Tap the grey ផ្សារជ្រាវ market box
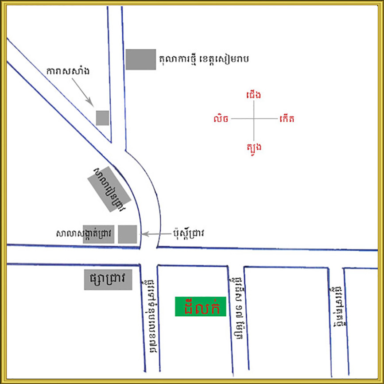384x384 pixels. click(108, 280)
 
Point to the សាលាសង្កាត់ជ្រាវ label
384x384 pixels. click(86, 233)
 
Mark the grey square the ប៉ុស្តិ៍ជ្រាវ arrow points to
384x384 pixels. click(128, 234)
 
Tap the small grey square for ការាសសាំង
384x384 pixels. click(103, 118)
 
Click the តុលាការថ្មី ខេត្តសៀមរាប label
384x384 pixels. click(203, 58)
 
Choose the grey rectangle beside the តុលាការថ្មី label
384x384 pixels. click(141, 59)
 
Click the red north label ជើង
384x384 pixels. click(253, 94)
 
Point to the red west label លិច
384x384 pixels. click(221, 119)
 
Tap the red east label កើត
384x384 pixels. click(287, 119)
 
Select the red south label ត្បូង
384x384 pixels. click(253, 146)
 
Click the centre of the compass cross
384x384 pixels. click(253, 119)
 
